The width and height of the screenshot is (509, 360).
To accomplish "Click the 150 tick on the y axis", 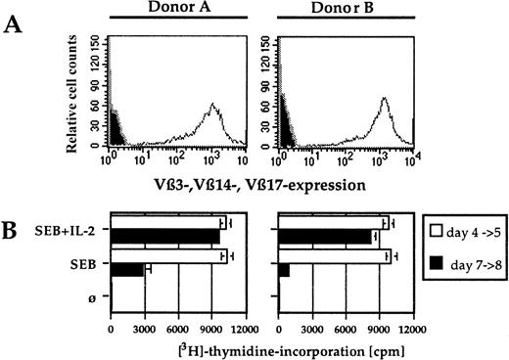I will pyautogui.click(x=97, y=39).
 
